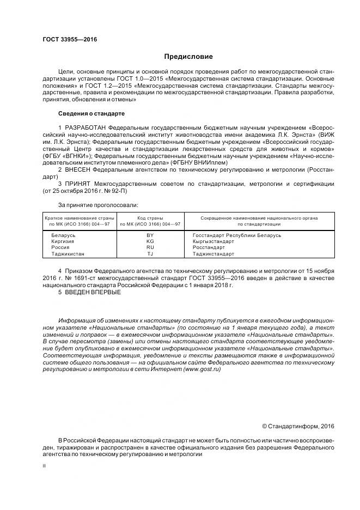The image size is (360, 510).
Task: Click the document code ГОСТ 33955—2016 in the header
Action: (66, 40)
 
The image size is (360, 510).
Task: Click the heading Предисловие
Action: (188, 57)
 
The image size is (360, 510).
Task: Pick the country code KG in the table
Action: (150, 241)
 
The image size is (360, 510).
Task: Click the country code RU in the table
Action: (150, 247)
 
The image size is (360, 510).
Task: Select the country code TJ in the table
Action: (150, 254)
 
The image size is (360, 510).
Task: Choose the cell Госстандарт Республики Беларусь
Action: (237, 235)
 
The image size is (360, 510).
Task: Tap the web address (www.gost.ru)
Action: (202, 369)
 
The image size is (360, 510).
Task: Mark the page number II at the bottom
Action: (44, 466)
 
